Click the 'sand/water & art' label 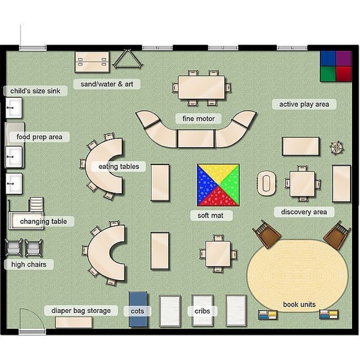point(107,84)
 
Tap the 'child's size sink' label point(35,91)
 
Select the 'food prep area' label point(39,137)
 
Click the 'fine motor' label point(196,118)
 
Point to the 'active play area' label point(304,104)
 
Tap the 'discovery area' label point(304,212)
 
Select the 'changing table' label point(43,222)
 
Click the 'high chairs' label point(29,264)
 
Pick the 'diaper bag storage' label point(81,310)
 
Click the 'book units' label point(299,305)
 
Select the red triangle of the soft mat point(218,198)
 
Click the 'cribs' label point(202,310)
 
